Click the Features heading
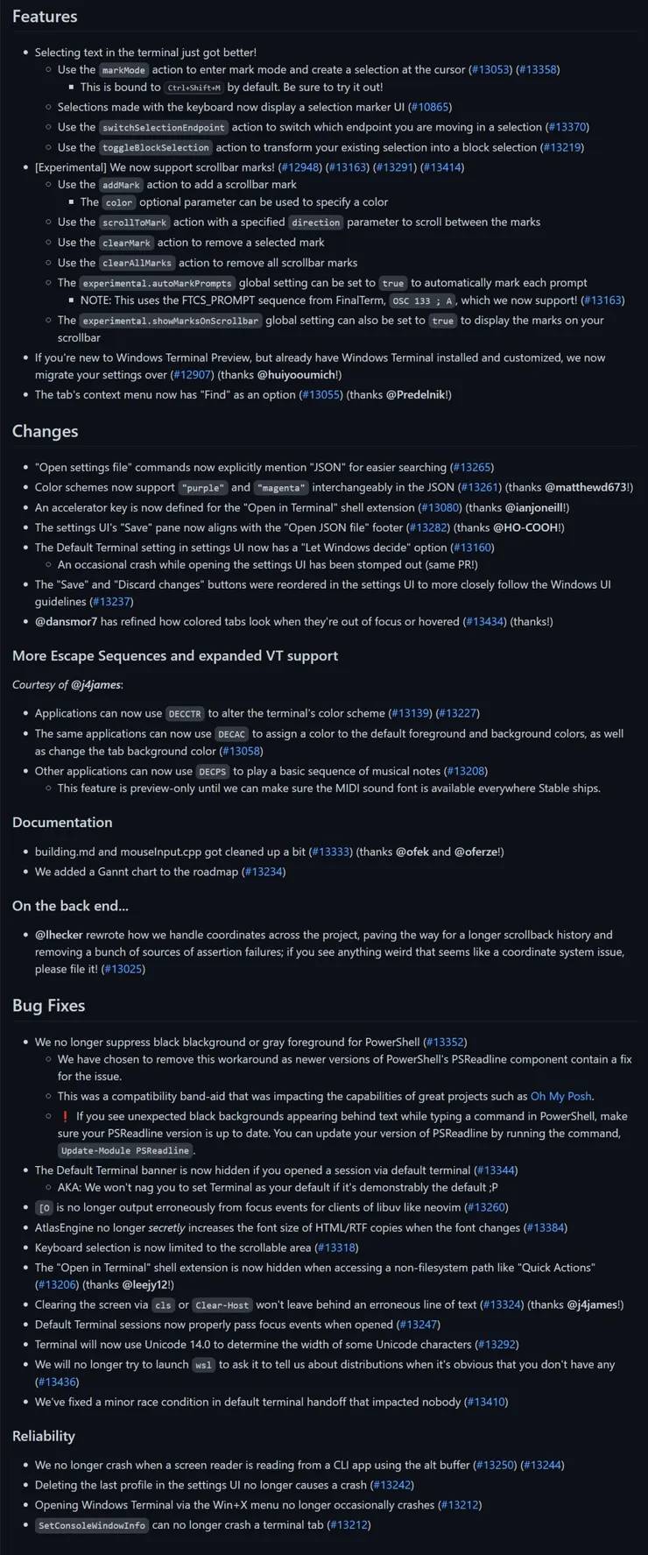point(45,17)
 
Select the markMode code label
point(123,70)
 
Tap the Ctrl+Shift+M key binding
point(194,88)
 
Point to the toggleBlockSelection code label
point(156,148)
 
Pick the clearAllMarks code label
point(137,263)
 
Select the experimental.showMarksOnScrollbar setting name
point(171,321)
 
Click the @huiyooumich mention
point(298,374)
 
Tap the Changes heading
point(45,431)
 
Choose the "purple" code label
point(202,488)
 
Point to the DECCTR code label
point(185,714)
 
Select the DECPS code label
point(213,772)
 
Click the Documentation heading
point(62,822)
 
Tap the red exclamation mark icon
point(65,1116)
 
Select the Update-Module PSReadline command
point(125,1151)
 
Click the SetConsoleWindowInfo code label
point(92,1525)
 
